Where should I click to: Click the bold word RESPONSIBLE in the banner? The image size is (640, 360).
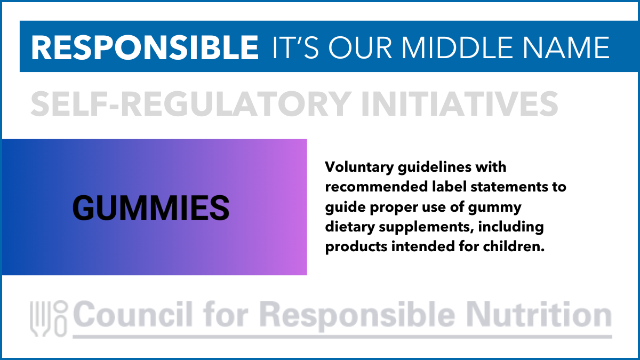tap(145, 47)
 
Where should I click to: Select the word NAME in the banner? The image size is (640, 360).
tap(566, 47)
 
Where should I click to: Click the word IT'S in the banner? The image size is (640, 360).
tap(295, 47)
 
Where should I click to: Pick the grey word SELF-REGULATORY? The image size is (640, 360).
tap(191, 103)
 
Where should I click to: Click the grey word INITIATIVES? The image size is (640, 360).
tap(460, 103)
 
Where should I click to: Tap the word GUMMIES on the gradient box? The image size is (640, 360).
tap(151, 207)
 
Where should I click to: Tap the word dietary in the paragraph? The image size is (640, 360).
tap(350, 227)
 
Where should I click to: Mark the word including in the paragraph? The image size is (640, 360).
tap(511, 227)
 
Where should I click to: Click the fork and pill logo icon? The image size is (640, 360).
tap(49, 319)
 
